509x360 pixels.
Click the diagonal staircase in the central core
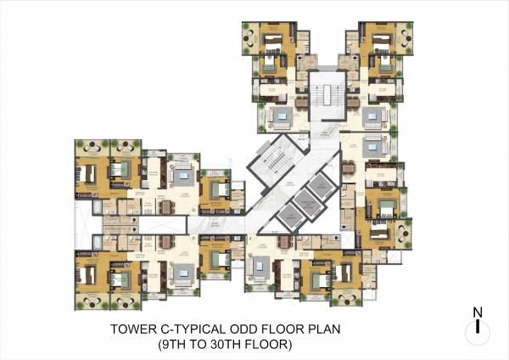pyautogui.click(x=272, y=162)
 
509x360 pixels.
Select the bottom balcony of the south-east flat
pyautogui.click(x=347, y=294)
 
